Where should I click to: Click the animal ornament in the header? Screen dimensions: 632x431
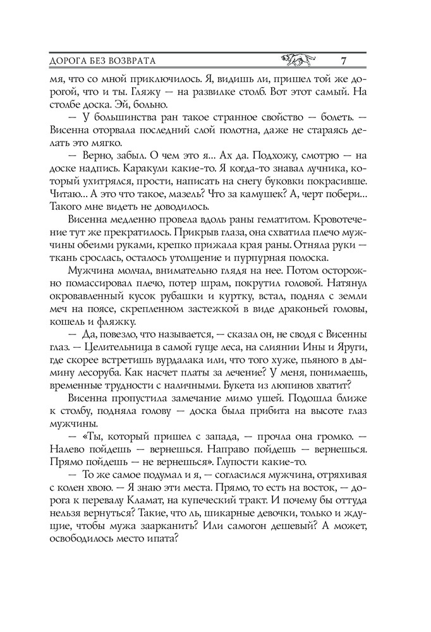pos(299,61)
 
